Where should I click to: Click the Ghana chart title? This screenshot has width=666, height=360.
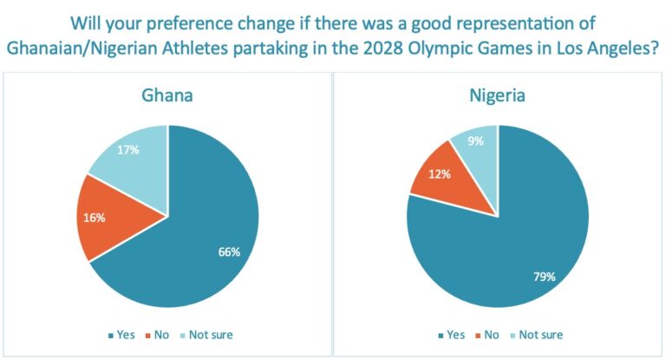pyautogui.click(x=167, y=95)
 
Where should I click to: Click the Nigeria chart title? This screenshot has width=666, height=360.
pyautogui.click(x=497, y=95)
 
